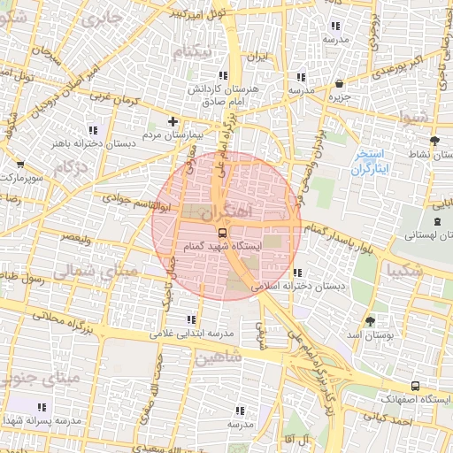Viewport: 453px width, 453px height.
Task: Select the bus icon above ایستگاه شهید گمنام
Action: tap(220, 232)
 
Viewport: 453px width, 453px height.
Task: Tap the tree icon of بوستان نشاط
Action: tap(434, 141)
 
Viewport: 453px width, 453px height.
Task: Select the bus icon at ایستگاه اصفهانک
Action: tap(414, 386)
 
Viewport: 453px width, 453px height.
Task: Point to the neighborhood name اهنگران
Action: tap(226, 212)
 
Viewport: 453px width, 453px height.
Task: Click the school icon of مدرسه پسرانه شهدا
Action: tap(41, 406)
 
